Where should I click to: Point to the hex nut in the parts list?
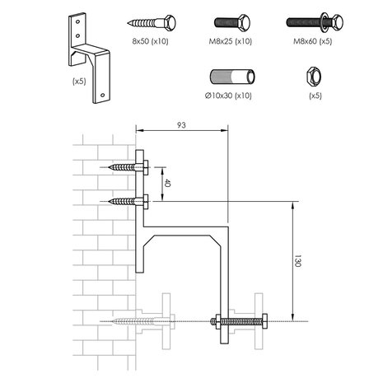click(314, 76)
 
